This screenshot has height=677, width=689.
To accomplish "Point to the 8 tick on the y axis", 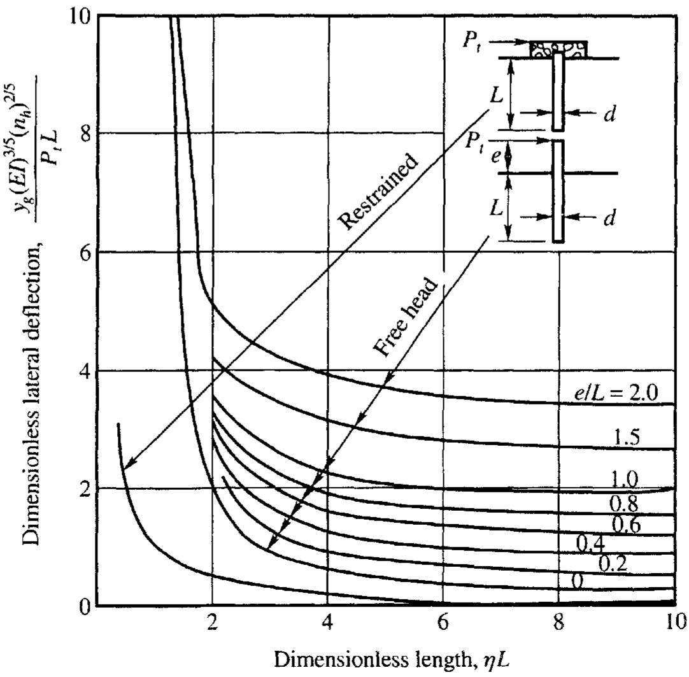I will coord(83,134).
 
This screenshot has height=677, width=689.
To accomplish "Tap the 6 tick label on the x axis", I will coord(443,622).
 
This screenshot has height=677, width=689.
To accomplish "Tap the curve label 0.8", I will coord(626,504).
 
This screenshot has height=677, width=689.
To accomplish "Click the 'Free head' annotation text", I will coord(406,318).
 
